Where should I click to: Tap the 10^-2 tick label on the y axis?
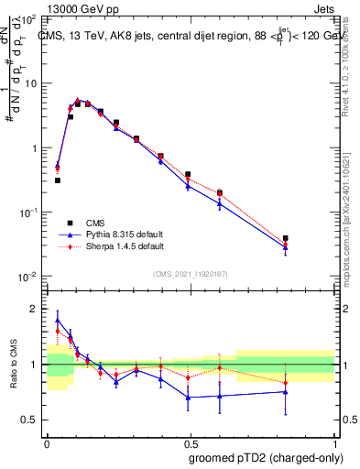pyautogui.click(x=27, y=276)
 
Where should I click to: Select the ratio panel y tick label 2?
pyautogui.click(x=35, y=309)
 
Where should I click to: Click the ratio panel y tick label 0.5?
pyautogui.click(x=30, y=420)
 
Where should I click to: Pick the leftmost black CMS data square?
pyautogui.click(x=58, y=180)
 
